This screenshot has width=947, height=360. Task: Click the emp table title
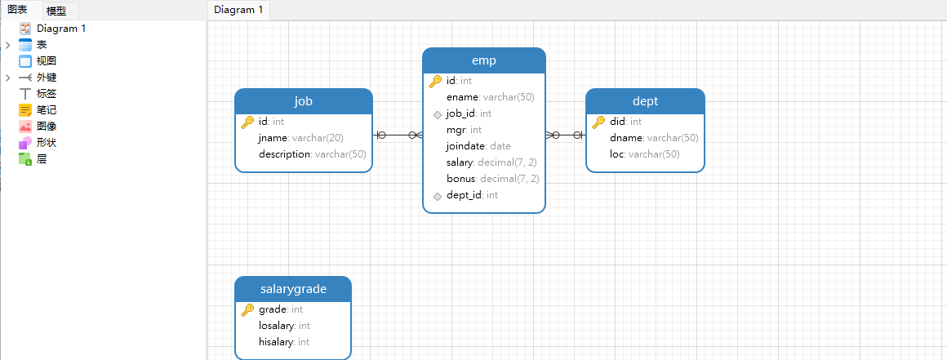(484, 60)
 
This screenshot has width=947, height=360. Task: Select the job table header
(303, 101)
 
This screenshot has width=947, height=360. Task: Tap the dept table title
(645, 101)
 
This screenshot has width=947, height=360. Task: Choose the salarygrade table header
(293, 289)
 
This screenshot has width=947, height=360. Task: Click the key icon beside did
(598, 122)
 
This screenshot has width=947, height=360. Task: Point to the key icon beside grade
(247, 310)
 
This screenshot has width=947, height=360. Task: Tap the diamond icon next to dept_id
(438, 196)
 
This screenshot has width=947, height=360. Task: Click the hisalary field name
(276, 342)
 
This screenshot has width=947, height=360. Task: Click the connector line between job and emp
(398, 136)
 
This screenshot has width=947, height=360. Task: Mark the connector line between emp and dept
(566, 136)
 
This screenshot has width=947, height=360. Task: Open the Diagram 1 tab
(238, 10)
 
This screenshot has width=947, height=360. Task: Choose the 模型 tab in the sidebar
(56, 11)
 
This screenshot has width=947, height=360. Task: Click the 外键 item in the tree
(47, 78)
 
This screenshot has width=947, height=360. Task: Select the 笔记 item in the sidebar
(47, 110)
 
